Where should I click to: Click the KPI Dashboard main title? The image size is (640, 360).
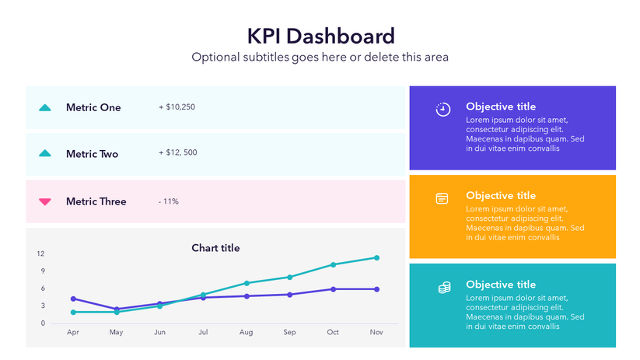[320, 36]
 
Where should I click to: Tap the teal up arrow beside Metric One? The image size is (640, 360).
[45, 107]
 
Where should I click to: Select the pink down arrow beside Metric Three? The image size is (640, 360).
[45, 201]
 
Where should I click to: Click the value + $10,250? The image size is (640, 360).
[177, 107]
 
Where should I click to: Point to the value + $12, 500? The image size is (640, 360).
[177, 152]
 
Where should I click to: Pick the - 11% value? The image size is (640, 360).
[168, 201]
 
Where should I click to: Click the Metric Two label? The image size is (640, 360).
[92, 154]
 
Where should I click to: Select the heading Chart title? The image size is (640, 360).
[215, 248]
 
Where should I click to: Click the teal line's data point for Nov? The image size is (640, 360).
[376, 257]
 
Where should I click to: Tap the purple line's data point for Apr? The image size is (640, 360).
[73, 299]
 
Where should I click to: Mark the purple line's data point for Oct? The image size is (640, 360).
[333, 289]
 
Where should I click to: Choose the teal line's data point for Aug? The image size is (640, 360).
[247, 283]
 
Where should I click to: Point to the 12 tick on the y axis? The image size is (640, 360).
[40, 253]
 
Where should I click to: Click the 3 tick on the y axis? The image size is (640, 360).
[42, 306]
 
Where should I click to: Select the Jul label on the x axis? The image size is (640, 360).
[203, 332]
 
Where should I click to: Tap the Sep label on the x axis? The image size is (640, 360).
[289, 332]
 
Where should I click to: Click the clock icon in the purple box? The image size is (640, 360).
[442, 109]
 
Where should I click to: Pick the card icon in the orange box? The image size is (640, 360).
[442, 198]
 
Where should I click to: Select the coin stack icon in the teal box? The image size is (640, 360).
[444, 288]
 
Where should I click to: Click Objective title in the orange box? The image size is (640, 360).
[500, 195]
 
